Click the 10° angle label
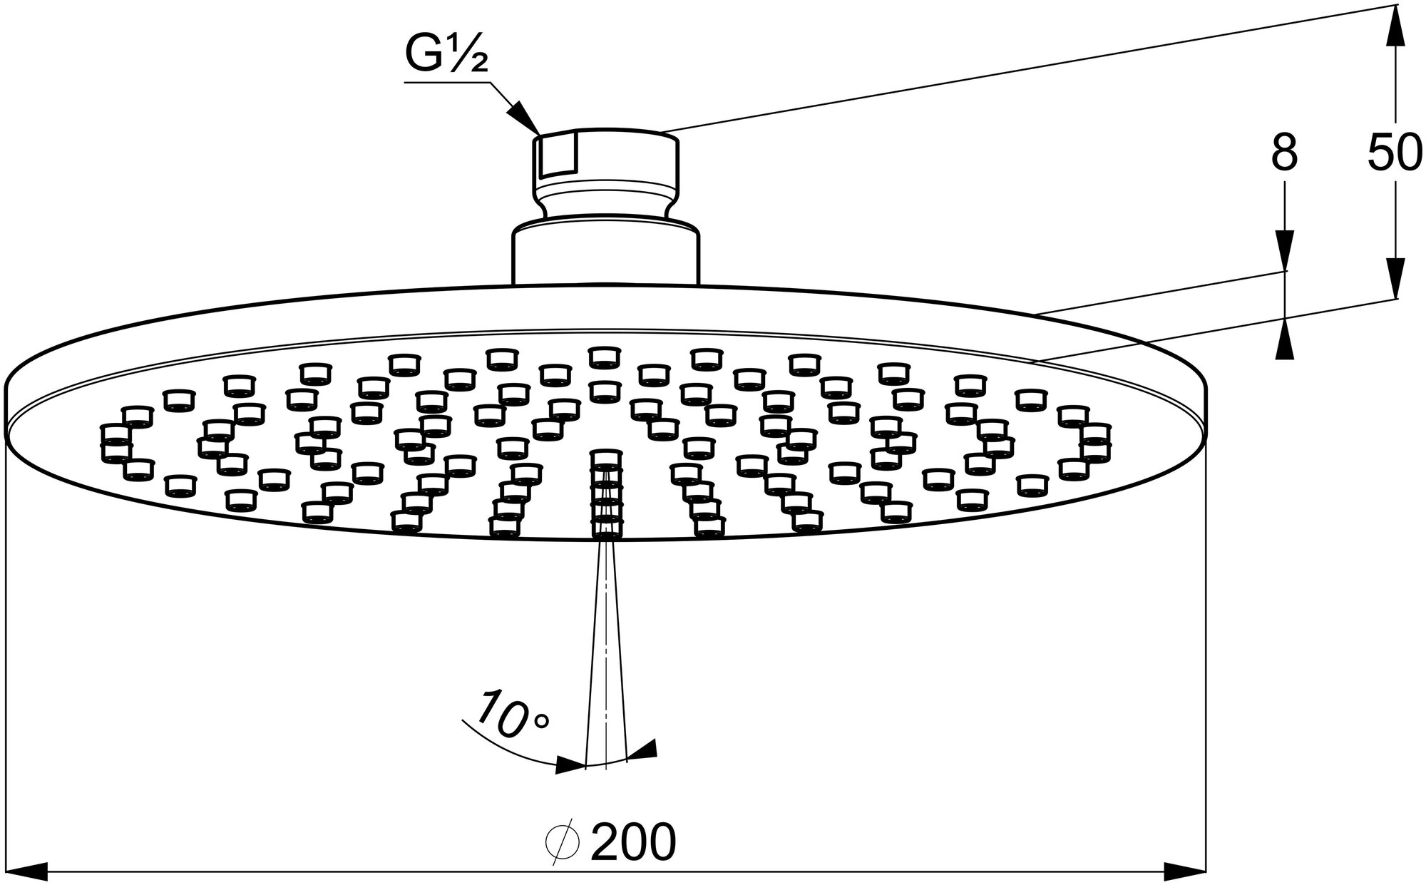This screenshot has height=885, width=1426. point(511,715)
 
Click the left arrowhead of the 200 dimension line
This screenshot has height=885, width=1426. point(25,870)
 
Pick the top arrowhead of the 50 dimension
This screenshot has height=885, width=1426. point(1394,25)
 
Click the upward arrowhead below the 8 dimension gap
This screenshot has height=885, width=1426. point(1284,339)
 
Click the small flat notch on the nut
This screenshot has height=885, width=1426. point(558,157)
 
